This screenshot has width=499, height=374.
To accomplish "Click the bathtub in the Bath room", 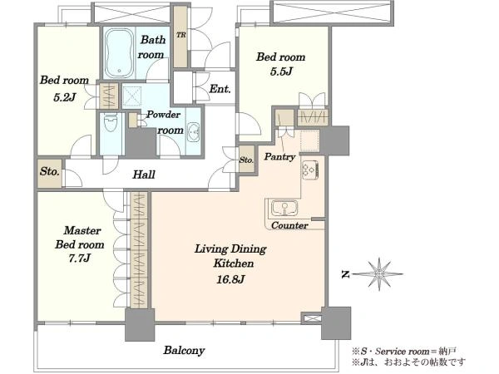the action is pyautogui.click(x=119, y=53).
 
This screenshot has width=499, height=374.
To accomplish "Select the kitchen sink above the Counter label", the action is pyautogui.click(x=284, y=208).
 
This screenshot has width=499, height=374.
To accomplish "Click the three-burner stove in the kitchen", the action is pyautogui.click(x=309, y=170).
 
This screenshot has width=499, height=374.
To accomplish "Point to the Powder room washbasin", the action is pyautogui.click(x=193, y=131).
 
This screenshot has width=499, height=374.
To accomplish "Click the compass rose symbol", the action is pyautogui.click(x=378, y=273).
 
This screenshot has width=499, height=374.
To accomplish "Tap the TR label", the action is pyautogui.click(x=180, y=35).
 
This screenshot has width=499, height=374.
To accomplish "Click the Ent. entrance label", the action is pyautogui.click(x=220, y=89).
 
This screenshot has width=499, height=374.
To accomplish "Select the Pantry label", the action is pyautogui.click(x=279, y=156).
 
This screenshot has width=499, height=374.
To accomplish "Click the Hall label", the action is pyautogui.click(x=144, y=175).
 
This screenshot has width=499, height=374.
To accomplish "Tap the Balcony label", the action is pyautogui.click(x=184, y=351).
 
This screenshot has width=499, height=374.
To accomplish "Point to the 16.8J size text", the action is pyautogui.click(x=230, y=279).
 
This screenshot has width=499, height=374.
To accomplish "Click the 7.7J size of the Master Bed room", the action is pyautogui.click(x=80, y=258).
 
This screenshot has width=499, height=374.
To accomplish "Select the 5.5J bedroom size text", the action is pyautogui.click(x=281, y=71).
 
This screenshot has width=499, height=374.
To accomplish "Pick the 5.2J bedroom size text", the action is pyautogui.click(x=64, y=97).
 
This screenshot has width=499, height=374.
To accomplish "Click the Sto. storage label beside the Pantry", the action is pyautogui.click(x=246, y=160).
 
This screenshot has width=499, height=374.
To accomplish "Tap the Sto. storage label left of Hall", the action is pyautogui.click(x=50, y=172).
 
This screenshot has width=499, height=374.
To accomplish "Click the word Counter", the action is pyautogui.click(x=289, y=225).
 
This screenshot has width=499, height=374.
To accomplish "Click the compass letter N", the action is pyautogui.click(x=344, y=274).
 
